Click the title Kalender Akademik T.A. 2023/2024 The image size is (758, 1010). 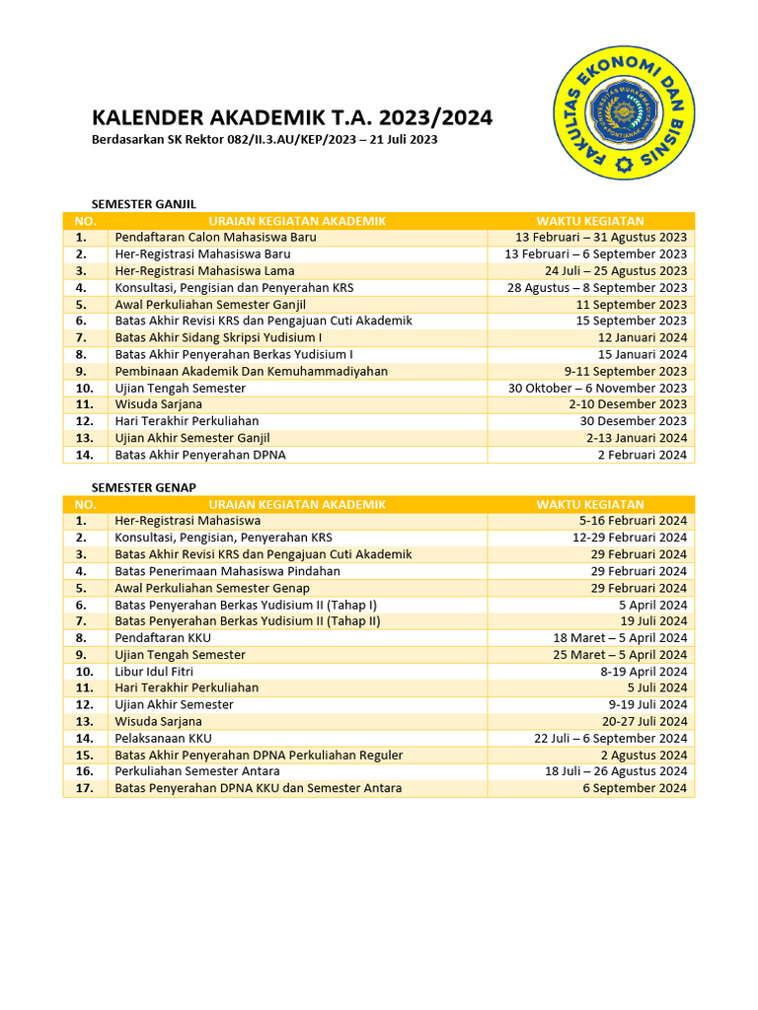(292, 118)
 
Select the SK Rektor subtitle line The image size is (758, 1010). (265, 140)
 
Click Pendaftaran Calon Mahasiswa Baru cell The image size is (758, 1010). (215, 238)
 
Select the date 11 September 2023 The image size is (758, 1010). (632, 305)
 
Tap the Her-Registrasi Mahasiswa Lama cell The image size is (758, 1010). (204, 271)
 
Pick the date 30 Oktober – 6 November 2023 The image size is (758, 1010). (597, 388)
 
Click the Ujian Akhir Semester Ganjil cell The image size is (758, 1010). (192, 438)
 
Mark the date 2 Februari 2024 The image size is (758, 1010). (642, 455)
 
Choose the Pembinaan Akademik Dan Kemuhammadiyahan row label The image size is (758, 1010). (251, 372)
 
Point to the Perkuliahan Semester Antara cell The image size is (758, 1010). (196, 771)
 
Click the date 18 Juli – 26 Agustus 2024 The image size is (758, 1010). (616, 771)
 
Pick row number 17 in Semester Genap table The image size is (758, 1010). (84, 788)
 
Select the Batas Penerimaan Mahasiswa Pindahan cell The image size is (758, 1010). (227, 571)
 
